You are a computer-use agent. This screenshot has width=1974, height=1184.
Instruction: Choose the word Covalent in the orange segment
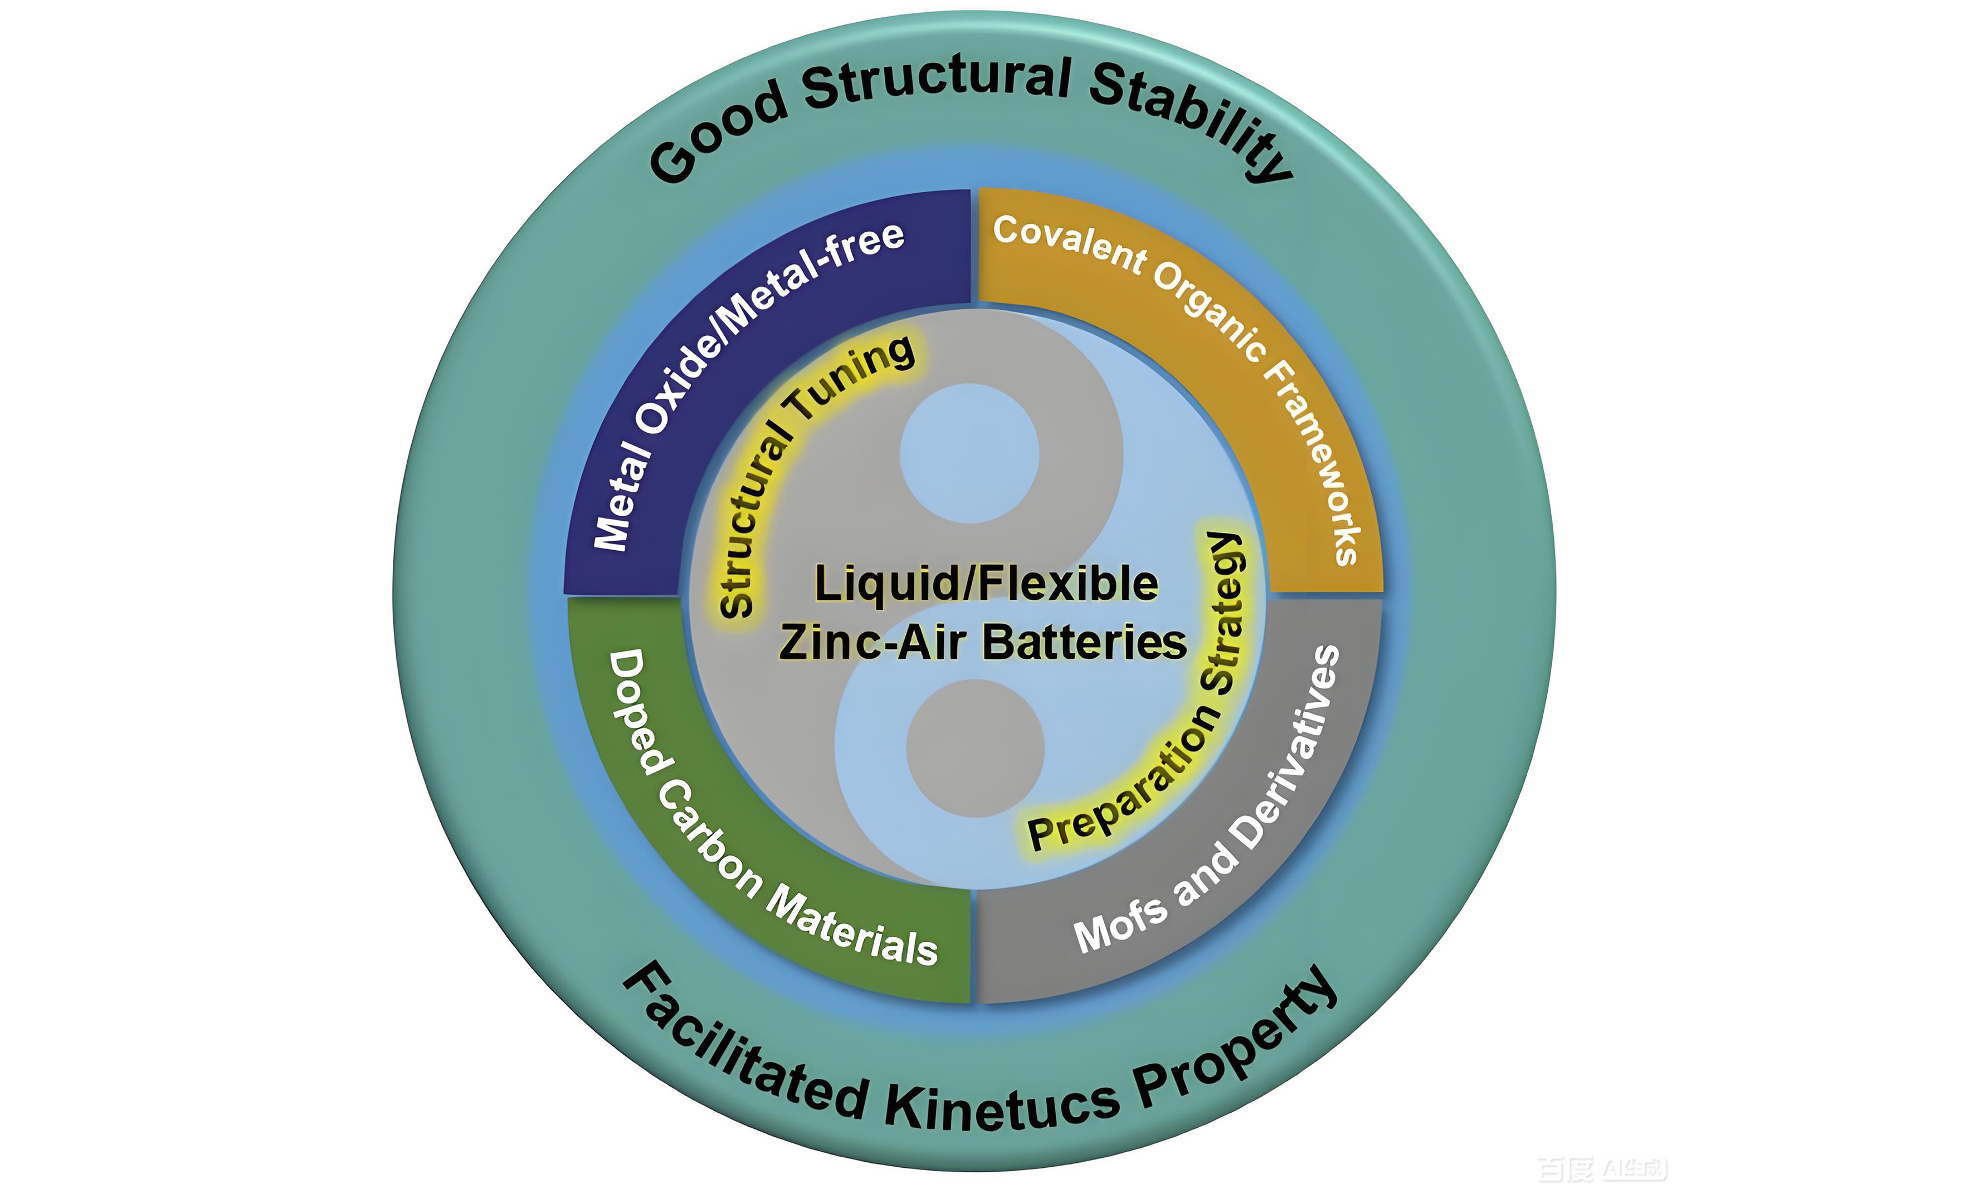click(x=1070, y=243)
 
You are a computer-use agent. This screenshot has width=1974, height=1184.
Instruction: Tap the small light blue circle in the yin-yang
click(x=970, y=453)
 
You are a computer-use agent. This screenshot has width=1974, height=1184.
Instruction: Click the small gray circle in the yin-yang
click(x=976, y=747)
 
